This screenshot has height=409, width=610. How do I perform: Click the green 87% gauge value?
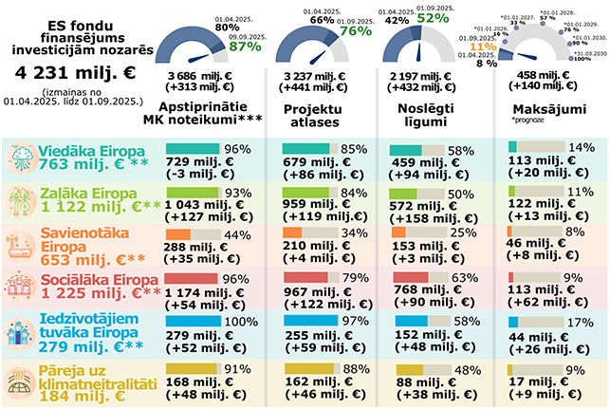click(245, 46)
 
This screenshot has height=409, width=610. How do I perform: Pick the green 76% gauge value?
click(355, 30)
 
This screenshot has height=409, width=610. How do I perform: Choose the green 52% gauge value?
click(432, 17)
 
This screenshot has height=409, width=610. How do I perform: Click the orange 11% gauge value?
click(483, 46)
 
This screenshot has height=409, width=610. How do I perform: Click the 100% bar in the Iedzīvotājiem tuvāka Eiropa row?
click(194, 323)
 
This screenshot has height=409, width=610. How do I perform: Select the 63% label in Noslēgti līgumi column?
click(461, 279)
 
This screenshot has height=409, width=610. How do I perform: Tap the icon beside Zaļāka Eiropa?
click(20, 201)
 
